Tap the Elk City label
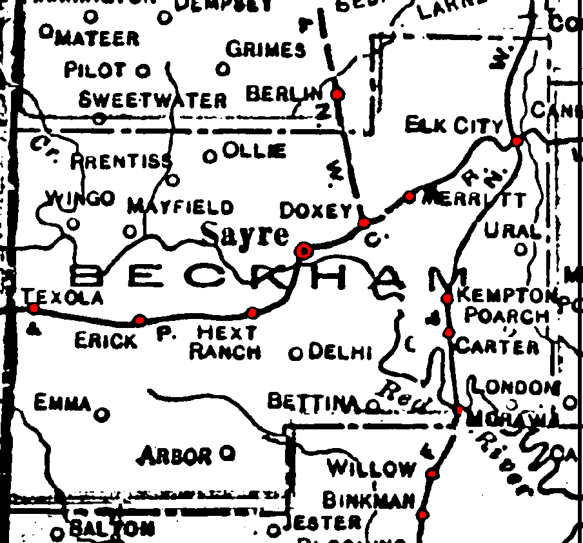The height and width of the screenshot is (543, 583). coord(453,125)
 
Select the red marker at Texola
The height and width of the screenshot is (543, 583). coord(34,308)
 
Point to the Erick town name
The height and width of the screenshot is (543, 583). coord(106,340)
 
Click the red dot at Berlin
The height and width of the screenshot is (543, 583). coord(336,94)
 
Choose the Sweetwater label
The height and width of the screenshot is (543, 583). coord(152,100)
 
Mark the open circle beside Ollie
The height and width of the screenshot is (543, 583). coord(210,156)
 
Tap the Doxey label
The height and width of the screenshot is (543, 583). coord(315,210)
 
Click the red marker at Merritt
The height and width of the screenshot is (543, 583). coord(409,196)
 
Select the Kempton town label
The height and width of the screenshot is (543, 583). coord(506,296)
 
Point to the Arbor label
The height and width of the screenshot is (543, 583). coord(175,456)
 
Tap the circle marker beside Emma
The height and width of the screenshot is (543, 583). coord(101,414)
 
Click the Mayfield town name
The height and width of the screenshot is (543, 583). coord(180,207)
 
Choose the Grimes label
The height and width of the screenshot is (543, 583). coord(266,49)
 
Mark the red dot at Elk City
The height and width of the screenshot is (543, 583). coord(517,141)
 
